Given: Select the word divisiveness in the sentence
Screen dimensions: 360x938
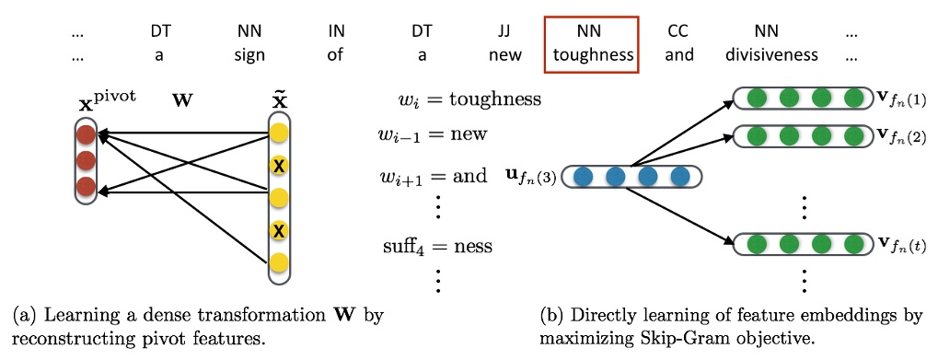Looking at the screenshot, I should click(770, 54).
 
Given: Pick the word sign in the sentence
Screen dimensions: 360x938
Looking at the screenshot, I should click(249, 54).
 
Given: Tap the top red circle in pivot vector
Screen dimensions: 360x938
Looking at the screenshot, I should click(87, 136).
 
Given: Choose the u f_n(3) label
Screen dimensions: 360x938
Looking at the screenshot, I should click(532, 175).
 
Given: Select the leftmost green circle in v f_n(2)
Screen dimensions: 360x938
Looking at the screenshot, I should click(756, 136).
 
